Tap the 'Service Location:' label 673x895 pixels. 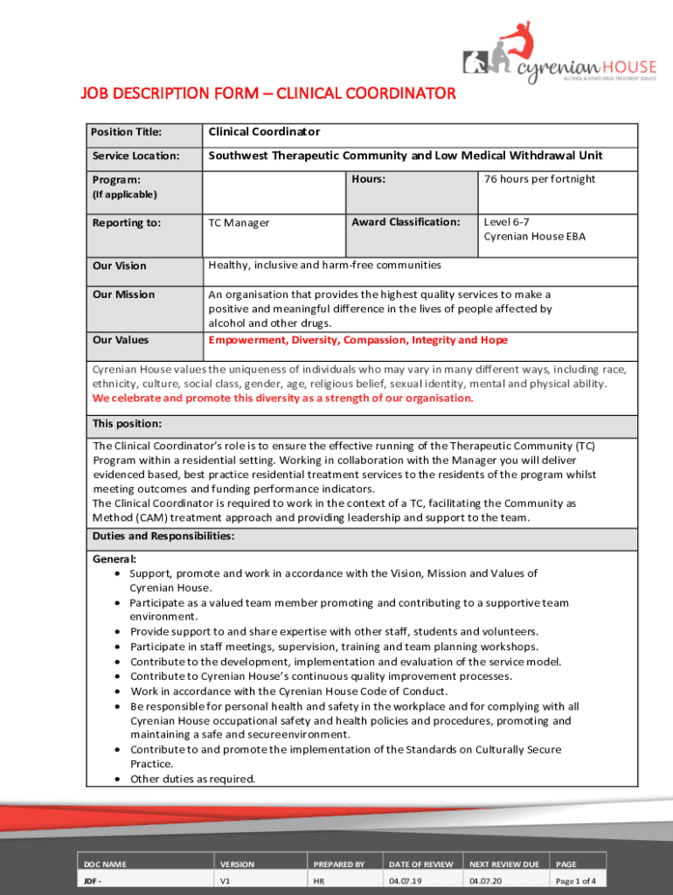(135, 156)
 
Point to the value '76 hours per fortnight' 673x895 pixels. (539, 179)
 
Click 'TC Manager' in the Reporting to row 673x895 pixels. (239, 223)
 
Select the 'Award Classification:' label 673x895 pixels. (406, 222)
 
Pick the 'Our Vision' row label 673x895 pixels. (120, 266)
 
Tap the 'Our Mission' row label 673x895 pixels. (123, 295)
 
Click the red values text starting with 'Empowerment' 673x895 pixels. (357, 340)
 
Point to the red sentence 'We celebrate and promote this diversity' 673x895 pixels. (283, 398)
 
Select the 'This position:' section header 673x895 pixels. (127, 424)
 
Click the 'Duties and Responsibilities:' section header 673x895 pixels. (163, 537)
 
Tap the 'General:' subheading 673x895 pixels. (114, 559)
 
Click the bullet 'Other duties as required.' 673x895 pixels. (193, 779)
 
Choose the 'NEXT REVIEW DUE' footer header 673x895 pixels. (503, 864)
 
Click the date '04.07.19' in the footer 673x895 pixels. (406, 881)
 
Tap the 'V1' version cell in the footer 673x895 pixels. (225, 881)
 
